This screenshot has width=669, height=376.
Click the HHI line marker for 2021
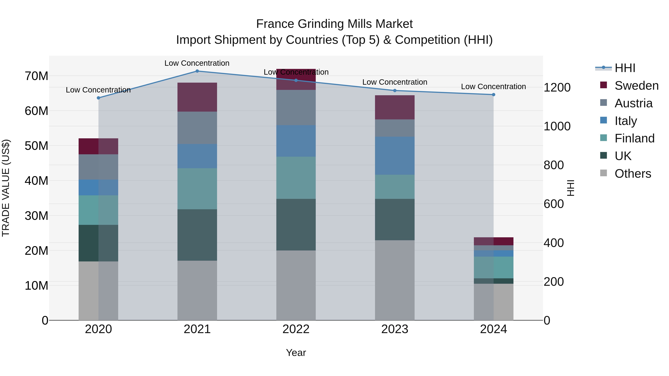click(x=197, y=71)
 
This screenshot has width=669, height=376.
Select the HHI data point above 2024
click(x=493, y=95)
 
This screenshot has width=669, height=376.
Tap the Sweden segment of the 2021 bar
click(x=197, y=97)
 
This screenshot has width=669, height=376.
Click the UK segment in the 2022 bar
click(x=296, y=224)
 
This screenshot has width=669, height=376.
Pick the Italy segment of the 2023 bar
click(x=395, y=156)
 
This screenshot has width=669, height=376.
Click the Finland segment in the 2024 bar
click(x=493, y=267)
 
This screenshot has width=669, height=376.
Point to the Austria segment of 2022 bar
click(x=296, y=108)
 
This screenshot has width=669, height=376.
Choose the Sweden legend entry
click(x=636, y=86)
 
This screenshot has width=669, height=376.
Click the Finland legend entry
click(x=634, y=138)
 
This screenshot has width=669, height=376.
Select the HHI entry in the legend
click(x=625, y=68)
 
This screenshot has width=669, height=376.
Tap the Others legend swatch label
click(x=633, y=174)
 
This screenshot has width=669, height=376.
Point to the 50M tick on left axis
click(x=36, y=146)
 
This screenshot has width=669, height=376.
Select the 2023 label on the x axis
click(x=395, y=329)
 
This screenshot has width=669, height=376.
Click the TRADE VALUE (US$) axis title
click(x=6, y=188)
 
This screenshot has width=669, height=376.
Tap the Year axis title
click(x=296, y=353)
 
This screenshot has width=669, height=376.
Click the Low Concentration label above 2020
click(x=98, y=90)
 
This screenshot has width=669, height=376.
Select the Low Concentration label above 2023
click(x=395, y=82)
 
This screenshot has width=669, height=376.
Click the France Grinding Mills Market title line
click(x=334, y=24)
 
